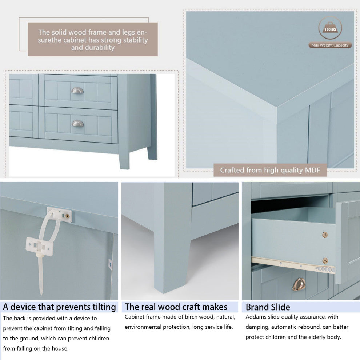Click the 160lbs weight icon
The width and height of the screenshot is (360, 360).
(330, 28)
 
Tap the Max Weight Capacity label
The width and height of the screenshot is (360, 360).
(330, 45)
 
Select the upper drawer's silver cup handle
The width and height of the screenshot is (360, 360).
(77, 91)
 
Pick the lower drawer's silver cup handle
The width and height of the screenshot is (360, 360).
(78, 124)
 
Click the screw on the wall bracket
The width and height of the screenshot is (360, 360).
(67, 216)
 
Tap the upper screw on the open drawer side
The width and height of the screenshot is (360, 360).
(325, 235)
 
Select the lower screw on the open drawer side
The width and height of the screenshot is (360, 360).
(325, 261)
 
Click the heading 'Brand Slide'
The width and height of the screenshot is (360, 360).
(268, 307)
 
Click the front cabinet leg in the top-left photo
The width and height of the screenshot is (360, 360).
(124, 160)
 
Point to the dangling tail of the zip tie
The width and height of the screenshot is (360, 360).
(40, 276)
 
